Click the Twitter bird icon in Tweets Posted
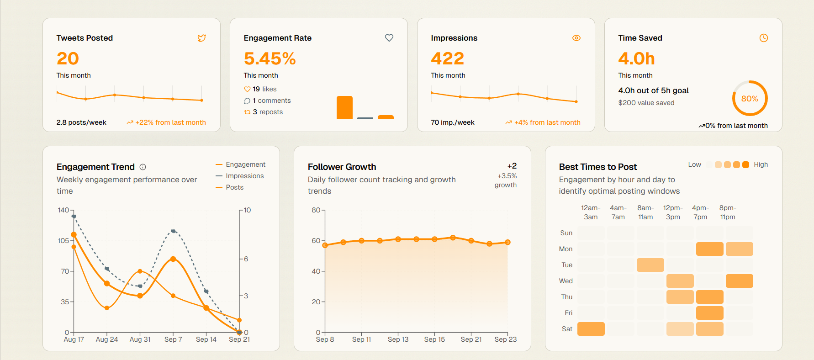[201, 38]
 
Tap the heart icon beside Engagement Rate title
[389, 38]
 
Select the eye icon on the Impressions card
[576, 38]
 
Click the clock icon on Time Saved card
[763, 38]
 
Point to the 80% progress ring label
[750, 99]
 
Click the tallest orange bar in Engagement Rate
[344, 107]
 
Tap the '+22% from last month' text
[170, 122]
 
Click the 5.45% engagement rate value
[270, 58]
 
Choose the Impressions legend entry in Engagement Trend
[244, 176]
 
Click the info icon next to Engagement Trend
[143, 167]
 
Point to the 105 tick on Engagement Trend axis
[63, 241]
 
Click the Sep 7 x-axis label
[173, 339]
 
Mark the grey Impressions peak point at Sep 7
[173, 231]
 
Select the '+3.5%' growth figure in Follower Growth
[507, 176]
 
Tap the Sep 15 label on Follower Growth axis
[434, 339]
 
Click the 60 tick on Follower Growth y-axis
[316, 241]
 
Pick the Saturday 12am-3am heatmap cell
[591, 329]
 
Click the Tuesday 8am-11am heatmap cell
[650, 265]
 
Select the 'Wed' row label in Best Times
[566, 281]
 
